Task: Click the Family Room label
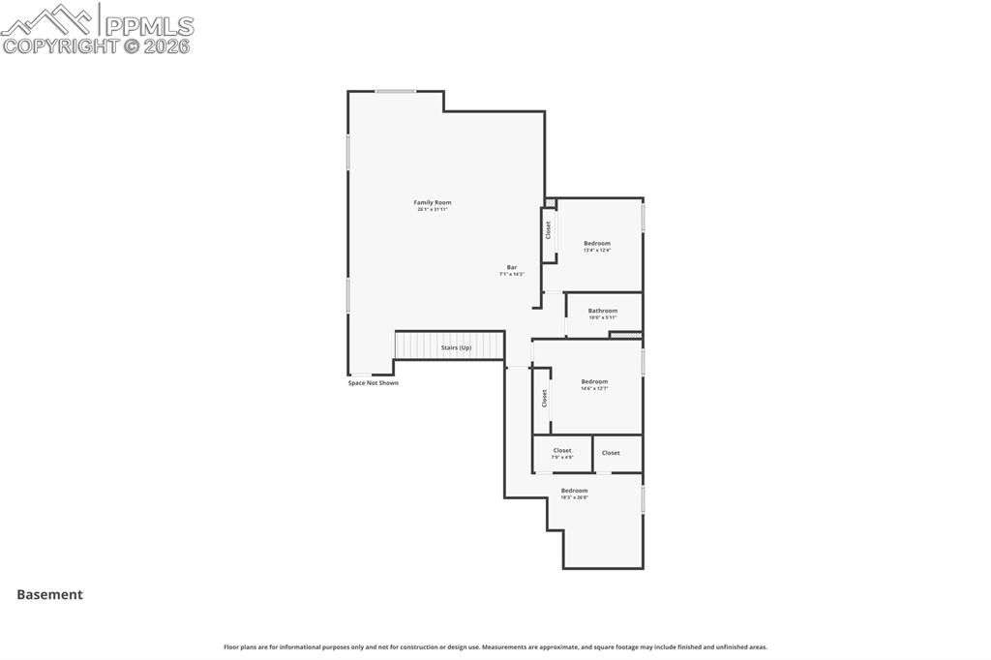[433, 202]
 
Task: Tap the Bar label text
[511, 267]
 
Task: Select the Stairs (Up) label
[456, 347]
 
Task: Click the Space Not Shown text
[373, 383]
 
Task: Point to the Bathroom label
[602, 311]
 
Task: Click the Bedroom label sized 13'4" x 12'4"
[596, 243]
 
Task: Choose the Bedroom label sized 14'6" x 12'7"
[594, 381]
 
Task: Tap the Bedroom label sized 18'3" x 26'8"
[574, 491]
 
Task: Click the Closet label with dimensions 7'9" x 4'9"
[562, 451]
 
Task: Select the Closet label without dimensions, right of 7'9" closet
[611, 453]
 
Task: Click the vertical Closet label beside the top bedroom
[548, 230]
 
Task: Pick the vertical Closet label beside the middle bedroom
[544, 398]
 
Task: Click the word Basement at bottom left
[49, 595]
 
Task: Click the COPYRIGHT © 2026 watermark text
[96, 45]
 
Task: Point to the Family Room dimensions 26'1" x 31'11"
[433, 209]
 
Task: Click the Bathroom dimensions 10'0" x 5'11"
[602, 317]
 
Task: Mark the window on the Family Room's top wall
[395, 92]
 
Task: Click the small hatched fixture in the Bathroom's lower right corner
[625, 335]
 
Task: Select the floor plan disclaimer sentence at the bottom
[495, 646]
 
